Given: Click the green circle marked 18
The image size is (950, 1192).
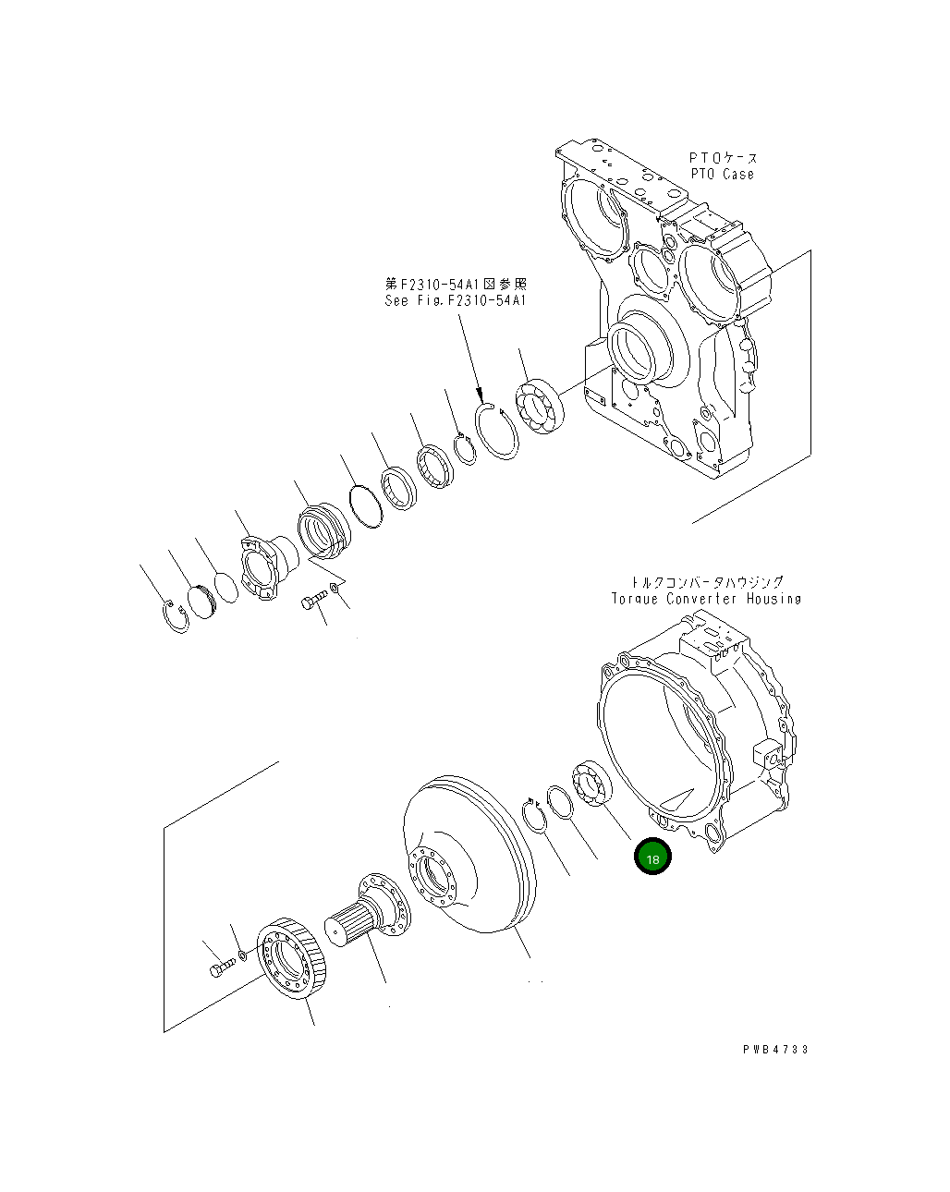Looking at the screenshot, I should [x=652, y=858].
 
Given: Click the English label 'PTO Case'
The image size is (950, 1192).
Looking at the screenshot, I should [x=722, y=174].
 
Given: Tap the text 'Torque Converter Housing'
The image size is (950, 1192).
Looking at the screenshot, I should [x=706, y=599].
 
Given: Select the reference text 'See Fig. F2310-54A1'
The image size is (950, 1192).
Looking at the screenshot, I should [x=455, y=300].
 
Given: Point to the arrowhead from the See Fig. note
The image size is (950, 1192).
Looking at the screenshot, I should [x=481, y=398].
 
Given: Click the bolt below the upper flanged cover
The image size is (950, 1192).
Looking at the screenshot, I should [x=311, y=602].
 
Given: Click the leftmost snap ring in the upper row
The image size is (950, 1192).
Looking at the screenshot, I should [x=176, y=616].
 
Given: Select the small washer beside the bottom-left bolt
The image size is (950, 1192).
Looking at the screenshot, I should [x=242, y=954].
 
